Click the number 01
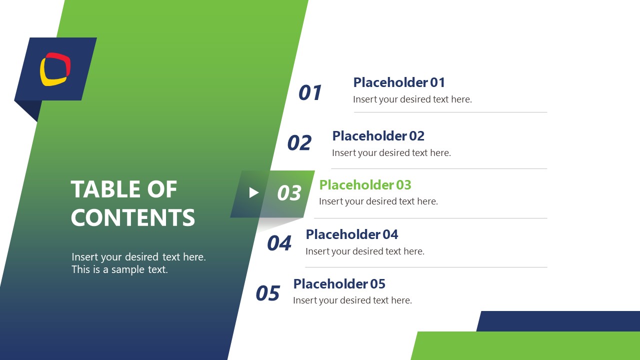coord(310,93)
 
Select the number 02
coord(299,143)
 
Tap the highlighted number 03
coord(289,193)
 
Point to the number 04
coord(279,243)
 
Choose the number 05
coord(267,293)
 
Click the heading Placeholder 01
coord(399,82)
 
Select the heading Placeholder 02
coord(378,136)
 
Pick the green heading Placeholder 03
coord(365,185)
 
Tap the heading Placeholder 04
coord(352,234)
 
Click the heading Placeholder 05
coord(339,284)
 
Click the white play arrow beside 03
coord(254,192)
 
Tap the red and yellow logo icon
coord(55,69)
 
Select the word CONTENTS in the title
coord(133,217)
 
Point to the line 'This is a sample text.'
coord(119,269)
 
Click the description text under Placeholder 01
coord(412,99)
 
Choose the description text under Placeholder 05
coord(352,300)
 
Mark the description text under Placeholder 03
coord(378,201)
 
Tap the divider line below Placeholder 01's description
coord(450,112)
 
